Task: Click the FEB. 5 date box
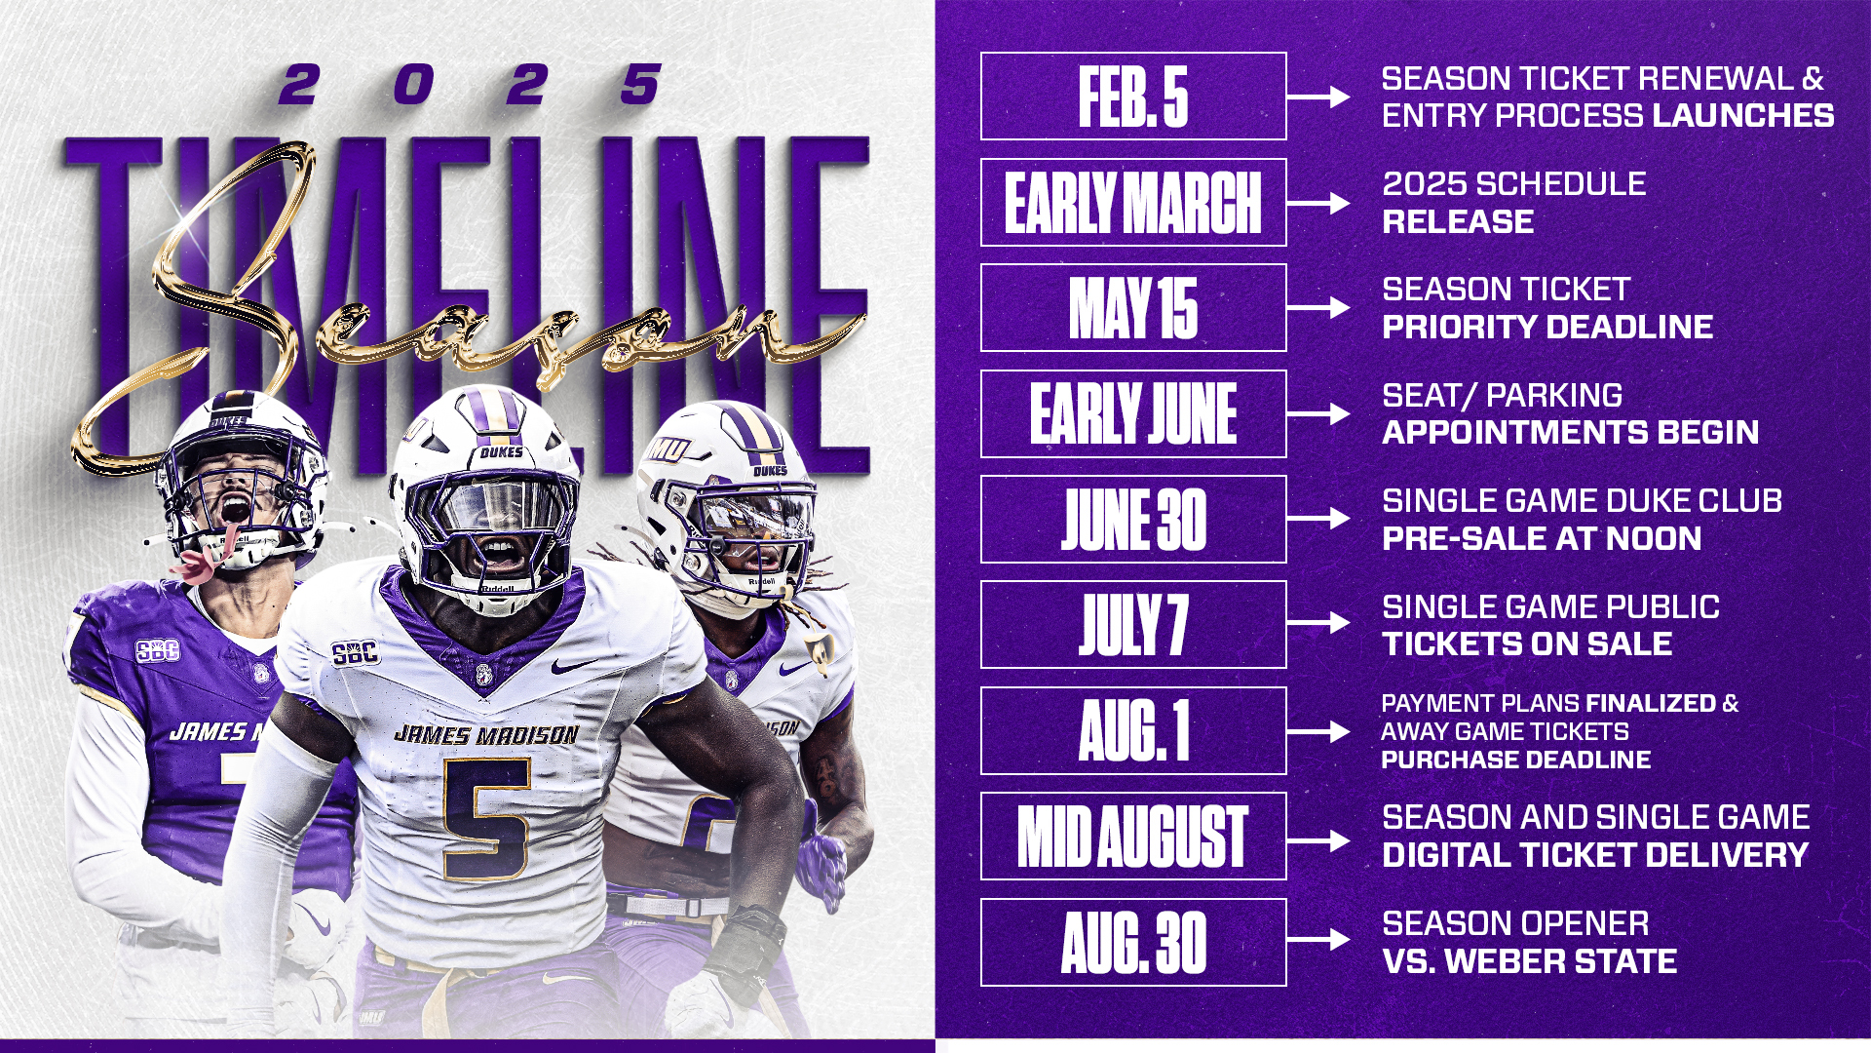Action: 1133,97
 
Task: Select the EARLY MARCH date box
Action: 1133,202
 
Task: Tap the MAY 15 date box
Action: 1133,308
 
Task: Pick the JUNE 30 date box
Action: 1133,520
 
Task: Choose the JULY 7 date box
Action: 1133,625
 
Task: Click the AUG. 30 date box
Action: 1133,942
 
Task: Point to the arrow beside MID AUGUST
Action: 1318,838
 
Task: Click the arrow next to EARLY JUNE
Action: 1318,414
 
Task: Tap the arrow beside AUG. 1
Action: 1318,731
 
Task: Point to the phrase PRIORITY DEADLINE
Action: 1547,327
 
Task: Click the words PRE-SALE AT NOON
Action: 1542,538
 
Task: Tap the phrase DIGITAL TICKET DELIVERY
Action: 1595,855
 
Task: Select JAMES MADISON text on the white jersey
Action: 486,734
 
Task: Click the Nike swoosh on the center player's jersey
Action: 574,666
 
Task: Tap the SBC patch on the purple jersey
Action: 157,650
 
